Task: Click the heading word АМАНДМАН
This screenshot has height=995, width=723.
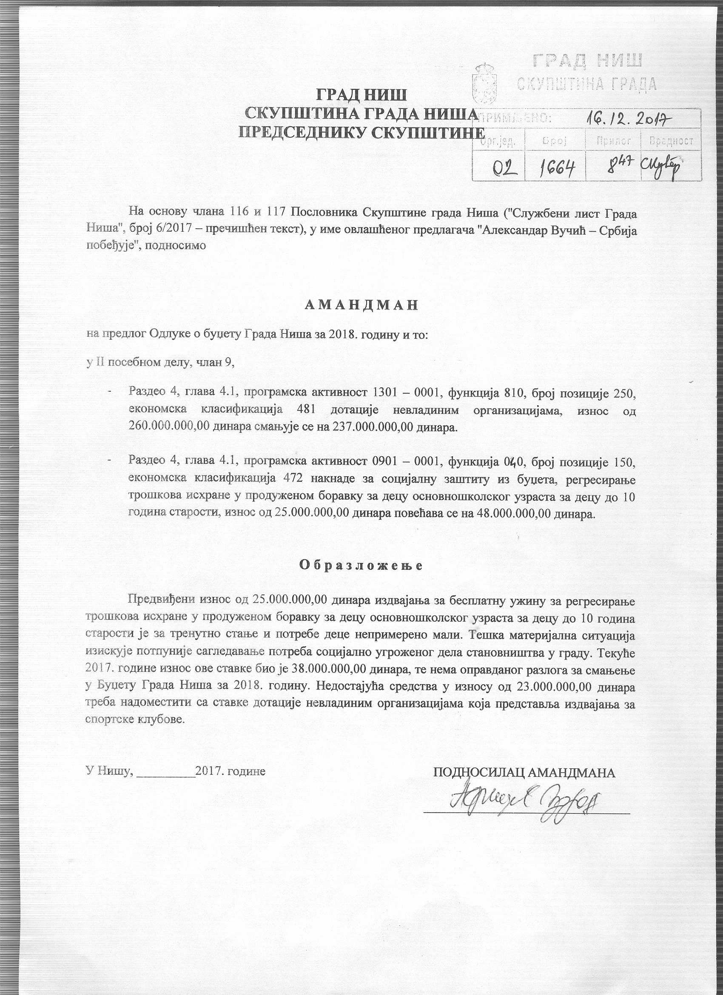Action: point(361,306)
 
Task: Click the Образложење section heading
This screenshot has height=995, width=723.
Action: point(361,565)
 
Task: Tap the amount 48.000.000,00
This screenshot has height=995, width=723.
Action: point(512,514)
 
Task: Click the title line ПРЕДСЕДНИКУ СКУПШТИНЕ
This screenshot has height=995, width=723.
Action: point(362,132)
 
